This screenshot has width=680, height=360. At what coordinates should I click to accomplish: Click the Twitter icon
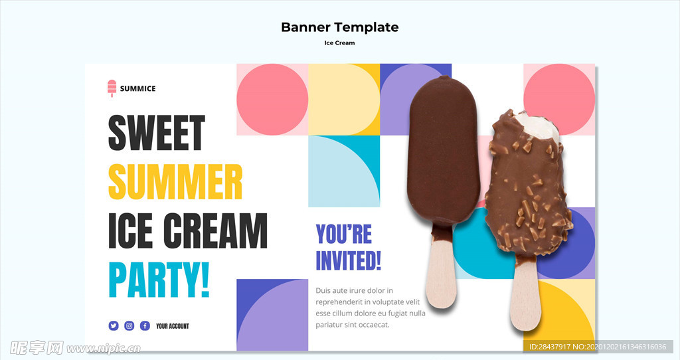[x=114, y=325]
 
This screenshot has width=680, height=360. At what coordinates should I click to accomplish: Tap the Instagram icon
[x=129, y=325]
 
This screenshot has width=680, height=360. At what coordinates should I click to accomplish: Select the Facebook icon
[x=145, y=325]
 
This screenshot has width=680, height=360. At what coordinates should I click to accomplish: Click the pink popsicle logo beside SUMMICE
[x=112, y=88]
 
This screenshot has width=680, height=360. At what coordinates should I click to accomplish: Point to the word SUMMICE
[x=138, y=88]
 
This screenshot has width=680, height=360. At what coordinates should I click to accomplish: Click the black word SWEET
[x=157, y=133]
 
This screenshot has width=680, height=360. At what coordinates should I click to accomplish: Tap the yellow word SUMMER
[x=175, y=182]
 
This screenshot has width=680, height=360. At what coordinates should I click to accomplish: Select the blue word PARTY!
[x=159, y=280]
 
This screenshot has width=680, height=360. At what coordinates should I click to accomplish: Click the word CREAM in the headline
[x=216, y=230]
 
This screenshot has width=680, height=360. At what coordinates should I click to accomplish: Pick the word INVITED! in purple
[x=348, y=260]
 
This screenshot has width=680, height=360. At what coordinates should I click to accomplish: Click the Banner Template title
[x=340, y=27]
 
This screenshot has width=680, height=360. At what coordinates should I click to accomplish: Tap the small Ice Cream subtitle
[x=339, y=43]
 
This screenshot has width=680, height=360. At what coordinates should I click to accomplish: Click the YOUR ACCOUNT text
[x=173, y=326]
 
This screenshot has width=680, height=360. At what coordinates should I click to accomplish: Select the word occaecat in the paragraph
[x=371, y=324]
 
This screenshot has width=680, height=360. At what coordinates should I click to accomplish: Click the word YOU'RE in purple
[x=344, y=234]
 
